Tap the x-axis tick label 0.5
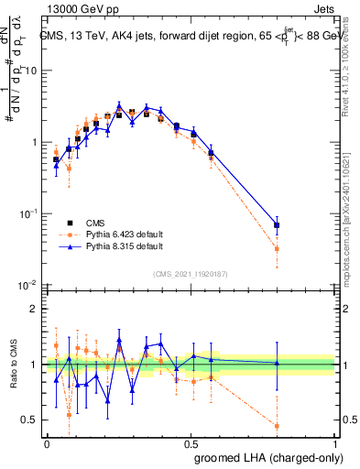pyautogui.click(x=191, y=442)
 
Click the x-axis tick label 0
pyautogui.click(x=46, y=442)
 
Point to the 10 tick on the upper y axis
pyautogui.click(x=31, y=71)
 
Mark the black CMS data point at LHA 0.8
pyautogui.click(x=277, y=224)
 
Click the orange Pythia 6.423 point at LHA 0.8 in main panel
pyautogui.click(x=277, y=248)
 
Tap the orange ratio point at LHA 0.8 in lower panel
pyautogui.click(x=277, y=426)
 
